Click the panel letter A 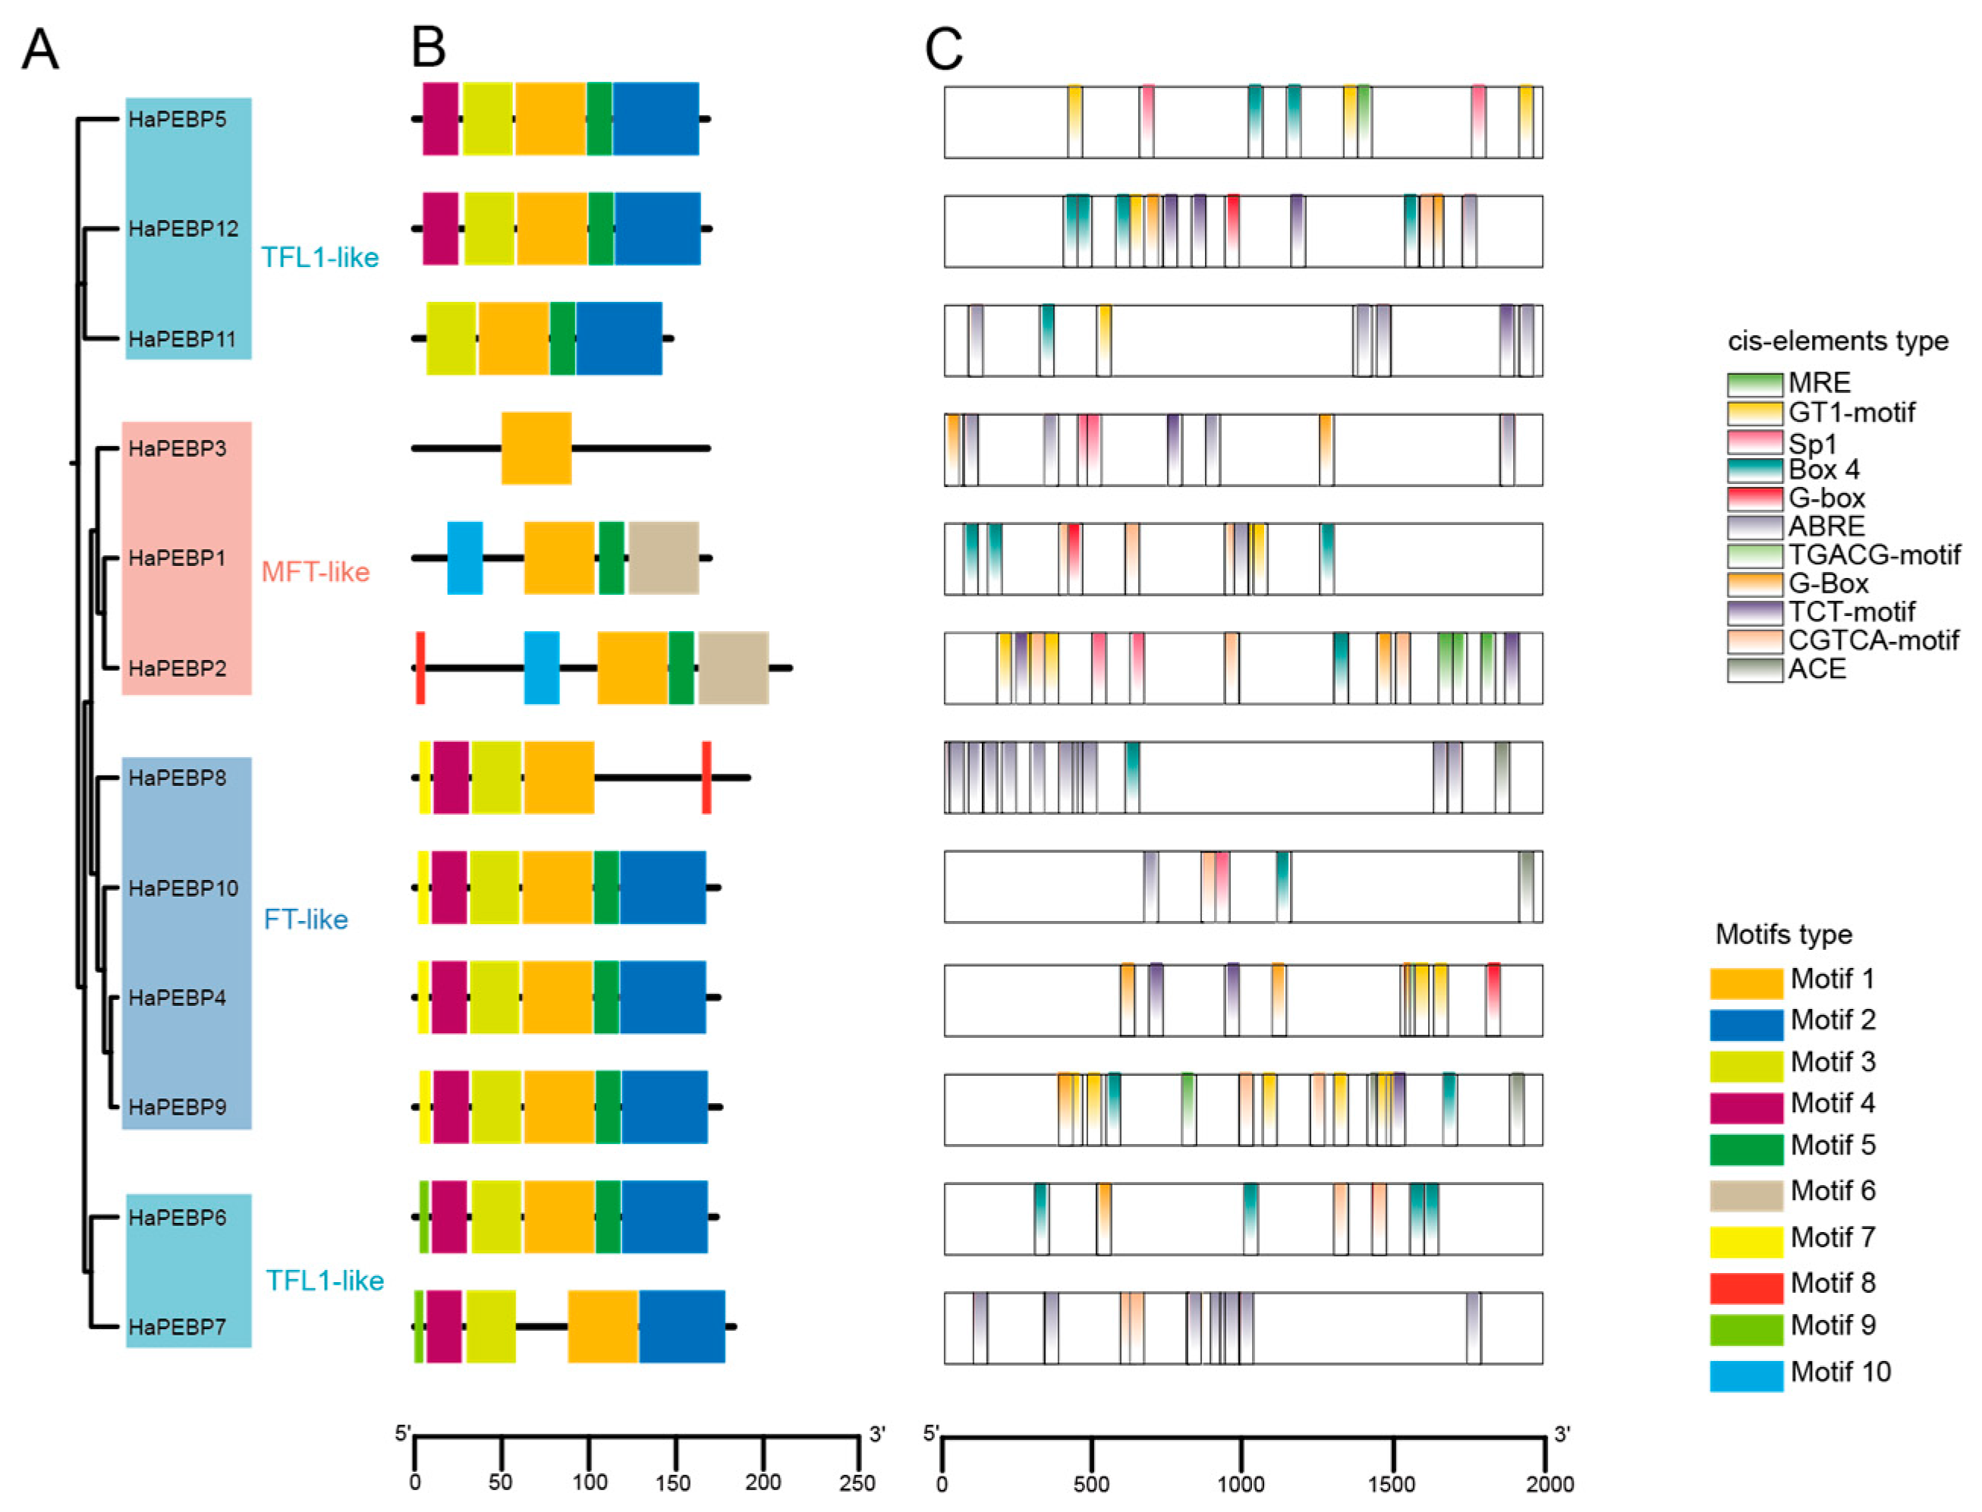click(39, 49)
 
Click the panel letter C click(943, 49)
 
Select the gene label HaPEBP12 click(184, 228)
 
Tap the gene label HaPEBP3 click(178, 448)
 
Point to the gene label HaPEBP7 click(178, 1327)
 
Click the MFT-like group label click(315, 571)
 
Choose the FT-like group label click(305, 919)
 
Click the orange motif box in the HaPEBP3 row click(536, 448)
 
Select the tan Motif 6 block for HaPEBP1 click(663, 558)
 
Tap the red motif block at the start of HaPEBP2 click(420, 668)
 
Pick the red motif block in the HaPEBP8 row click(706, 778)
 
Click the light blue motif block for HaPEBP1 click(464, 558)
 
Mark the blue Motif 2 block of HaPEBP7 click(681, 1327)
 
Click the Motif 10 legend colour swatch click(1745, 1376)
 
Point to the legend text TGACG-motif click(1874, 555)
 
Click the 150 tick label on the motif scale click(673, 1482)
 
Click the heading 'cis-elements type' click(1837, 341)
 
